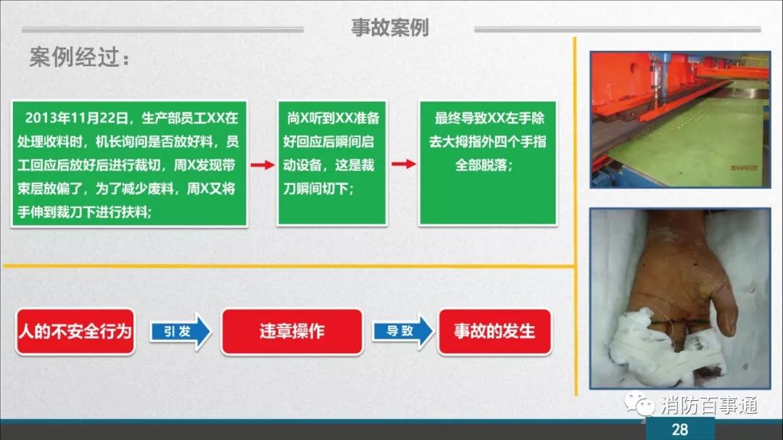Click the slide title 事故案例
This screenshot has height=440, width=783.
click(389, 27)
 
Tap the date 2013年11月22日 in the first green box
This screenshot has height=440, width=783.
click(76, 118)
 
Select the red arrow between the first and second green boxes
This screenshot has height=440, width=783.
click(262, 165)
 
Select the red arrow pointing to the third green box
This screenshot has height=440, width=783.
click(404, 164)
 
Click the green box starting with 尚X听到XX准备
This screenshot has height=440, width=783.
click(332, 164)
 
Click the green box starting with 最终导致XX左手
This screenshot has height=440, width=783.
click(488, 164)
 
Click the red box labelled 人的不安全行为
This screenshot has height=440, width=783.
click(75, 331)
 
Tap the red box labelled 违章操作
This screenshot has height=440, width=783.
click(292, 331)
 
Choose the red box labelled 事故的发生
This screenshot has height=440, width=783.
click(495, 331)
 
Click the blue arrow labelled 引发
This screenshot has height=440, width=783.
click(181, 331)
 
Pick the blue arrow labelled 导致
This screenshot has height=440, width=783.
click(402, 331)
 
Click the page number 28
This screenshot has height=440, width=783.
click(679, 430)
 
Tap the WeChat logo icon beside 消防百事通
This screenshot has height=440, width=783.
click(639, 404)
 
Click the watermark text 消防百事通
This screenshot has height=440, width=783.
click(709, 405)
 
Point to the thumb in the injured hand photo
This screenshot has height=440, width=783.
click(726, 304)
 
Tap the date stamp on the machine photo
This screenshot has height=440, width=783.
click(744, 168)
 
